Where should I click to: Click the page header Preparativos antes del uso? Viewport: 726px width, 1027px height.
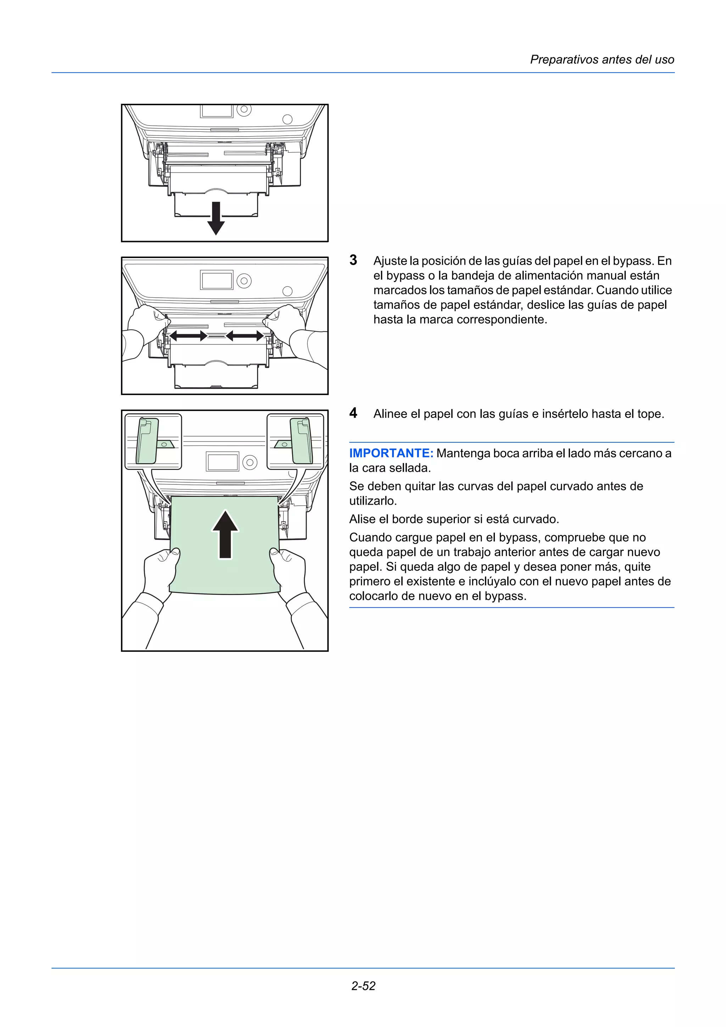point(602,60)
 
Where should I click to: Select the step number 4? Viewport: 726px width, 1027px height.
point(353,413)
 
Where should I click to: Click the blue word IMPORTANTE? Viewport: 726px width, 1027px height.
point(391,453)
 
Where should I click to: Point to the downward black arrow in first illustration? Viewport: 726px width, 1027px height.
point(216,218)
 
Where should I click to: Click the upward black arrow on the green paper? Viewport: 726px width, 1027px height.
point(225,534)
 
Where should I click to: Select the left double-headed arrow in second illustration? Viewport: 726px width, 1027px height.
point(188,336)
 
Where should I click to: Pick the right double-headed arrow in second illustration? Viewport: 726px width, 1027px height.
point(244,336)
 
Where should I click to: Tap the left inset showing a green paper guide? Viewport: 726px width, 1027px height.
point(153,442)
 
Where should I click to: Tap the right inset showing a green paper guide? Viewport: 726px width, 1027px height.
point(295,442)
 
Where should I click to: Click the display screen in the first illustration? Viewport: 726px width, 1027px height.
point(217,111)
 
